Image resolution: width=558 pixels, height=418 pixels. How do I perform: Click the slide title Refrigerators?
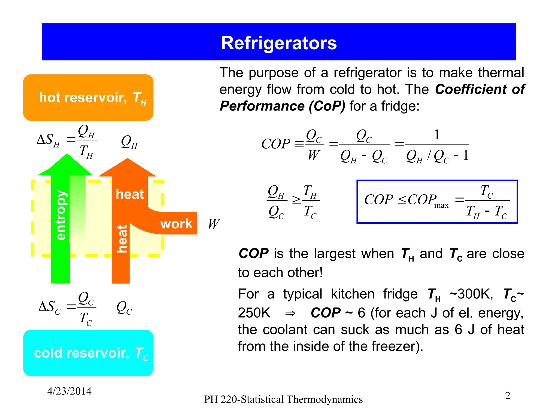point(279,43)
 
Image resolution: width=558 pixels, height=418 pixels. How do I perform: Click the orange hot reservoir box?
point(88,97)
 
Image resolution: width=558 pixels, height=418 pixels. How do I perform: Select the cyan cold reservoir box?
point(88,353)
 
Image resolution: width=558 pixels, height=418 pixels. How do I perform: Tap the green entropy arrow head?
point(66,165)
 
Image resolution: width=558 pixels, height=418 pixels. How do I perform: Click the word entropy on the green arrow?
point(61,215)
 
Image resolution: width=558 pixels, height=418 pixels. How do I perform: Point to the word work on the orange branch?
point(176,224)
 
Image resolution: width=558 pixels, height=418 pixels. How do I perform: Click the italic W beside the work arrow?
point(214,224)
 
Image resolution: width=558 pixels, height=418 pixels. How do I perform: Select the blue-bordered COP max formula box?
point(437,202)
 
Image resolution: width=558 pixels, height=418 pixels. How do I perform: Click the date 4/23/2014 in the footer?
point(69,391)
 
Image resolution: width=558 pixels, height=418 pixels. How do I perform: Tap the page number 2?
point(507,395)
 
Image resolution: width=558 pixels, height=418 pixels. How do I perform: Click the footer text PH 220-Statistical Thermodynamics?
point(283,399)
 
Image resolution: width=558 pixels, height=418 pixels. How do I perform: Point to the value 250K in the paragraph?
point(254,313)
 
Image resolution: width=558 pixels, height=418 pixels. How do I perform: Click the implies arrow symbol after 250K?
point(290,313)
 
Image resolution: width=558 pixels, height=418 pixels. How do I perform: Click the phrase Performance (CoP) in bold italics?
point(282,106)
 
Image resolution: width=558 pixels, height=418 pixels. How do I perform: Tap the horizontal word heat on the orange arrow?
point(130,194)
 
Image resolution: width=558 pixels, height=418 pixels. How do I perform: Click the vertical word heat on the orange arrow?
point(122,239)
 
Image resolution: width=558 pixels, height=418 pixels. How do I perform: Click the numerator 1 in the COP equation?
point(437,135)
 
